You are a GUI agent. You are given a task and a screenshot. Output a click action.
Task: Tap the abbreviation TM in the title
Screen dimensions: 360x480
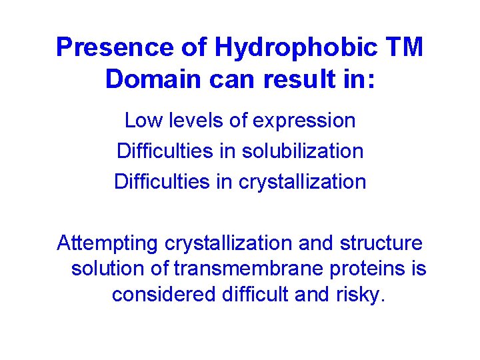[x=403, y=47]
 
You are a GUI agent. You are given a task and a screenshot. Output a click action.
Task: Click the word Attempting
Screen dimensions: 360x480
[x=104, y=243]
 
